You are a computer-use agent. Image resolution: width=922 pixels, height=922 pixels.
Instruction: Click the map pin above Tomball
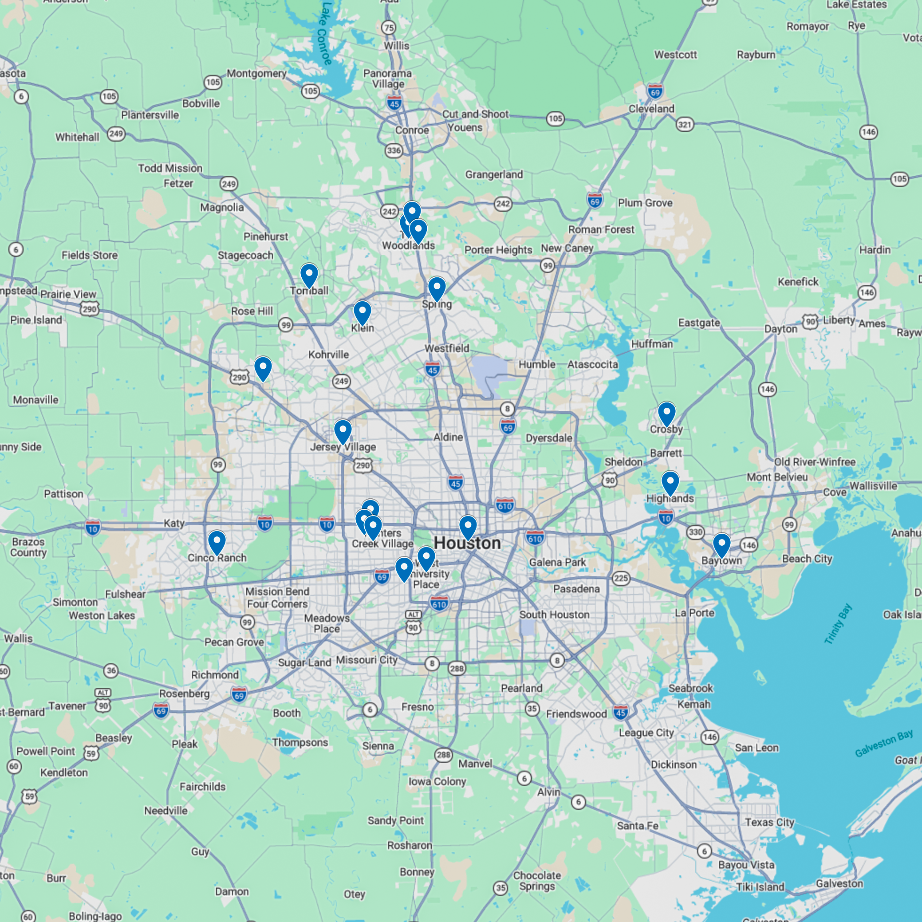309,276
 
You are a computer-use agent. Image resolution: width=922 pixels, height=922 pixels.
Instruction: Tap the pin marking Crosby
666,413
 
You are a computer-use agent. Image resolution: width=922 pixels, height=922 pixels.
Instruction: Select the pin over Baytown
721,544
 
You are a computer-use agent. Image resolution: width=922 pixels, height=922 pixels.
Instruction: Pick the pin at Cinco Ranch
217,542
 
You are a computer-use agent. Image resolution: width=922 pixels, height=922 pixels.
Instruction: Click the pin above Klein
362,312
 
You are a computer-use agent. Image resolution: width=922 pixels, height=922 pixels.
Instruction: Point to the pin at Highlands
670,482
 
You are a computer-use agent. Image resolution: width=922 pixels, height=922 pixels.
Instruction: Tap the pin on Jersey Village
343,431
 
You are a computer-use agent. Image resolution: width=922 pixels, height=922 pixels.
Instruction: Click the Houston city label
467,543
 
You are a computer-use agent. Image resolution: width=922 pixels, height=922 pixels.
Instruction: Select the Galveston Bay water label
883,744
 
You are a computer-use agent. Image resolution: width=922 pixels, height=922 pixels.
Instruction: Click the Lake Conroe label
324,33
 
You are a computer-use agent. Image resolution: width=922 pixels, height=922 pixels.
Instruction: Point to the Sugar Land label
304,663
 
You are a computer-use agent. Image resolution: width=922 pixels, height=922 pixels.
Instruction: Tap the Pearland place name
521,688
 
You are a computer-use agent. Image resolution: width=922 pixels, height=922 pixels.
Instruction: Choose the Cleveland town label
651,109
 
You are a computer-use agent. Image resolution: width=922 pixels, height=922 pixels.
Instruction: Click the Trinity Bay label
838,624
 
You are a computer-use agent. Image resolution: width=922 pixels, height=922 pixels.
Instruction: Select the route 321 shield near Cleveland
684,125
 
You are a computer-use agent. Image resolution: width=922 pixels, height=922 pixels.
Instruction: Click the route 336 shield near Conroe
394,151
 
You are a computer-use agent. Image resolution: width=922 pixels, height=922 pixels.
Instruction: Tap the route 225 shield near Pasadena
621,579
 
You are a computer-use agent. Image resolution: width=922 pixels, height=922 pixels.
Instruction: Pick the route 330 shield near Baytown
695,532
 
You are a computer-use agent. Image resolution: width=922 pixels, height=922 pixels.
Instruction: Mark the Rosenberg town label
184,693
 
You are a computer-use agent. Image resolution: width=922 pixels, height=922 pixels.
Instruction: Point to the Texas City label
769,822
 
